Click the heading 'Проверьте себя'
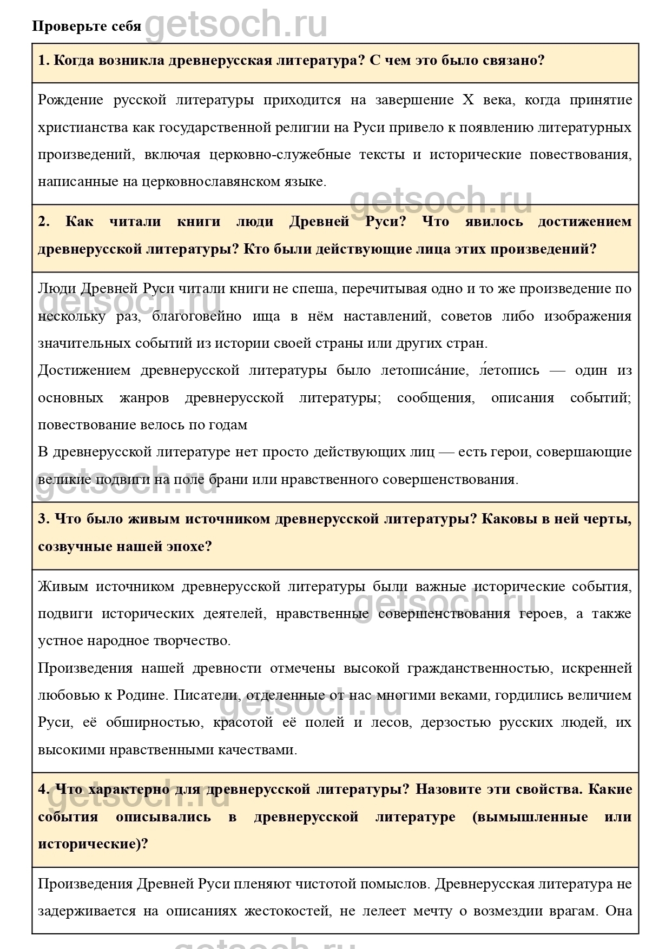(x=87, y=26)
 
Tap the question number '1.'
(x=44, y=60)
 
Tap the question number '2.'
(x=44, y=222)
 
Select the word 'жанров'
(x=144, y=398)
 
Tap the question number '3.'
(x=44, y=519)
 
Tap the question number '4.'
(x=44, y=789)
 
